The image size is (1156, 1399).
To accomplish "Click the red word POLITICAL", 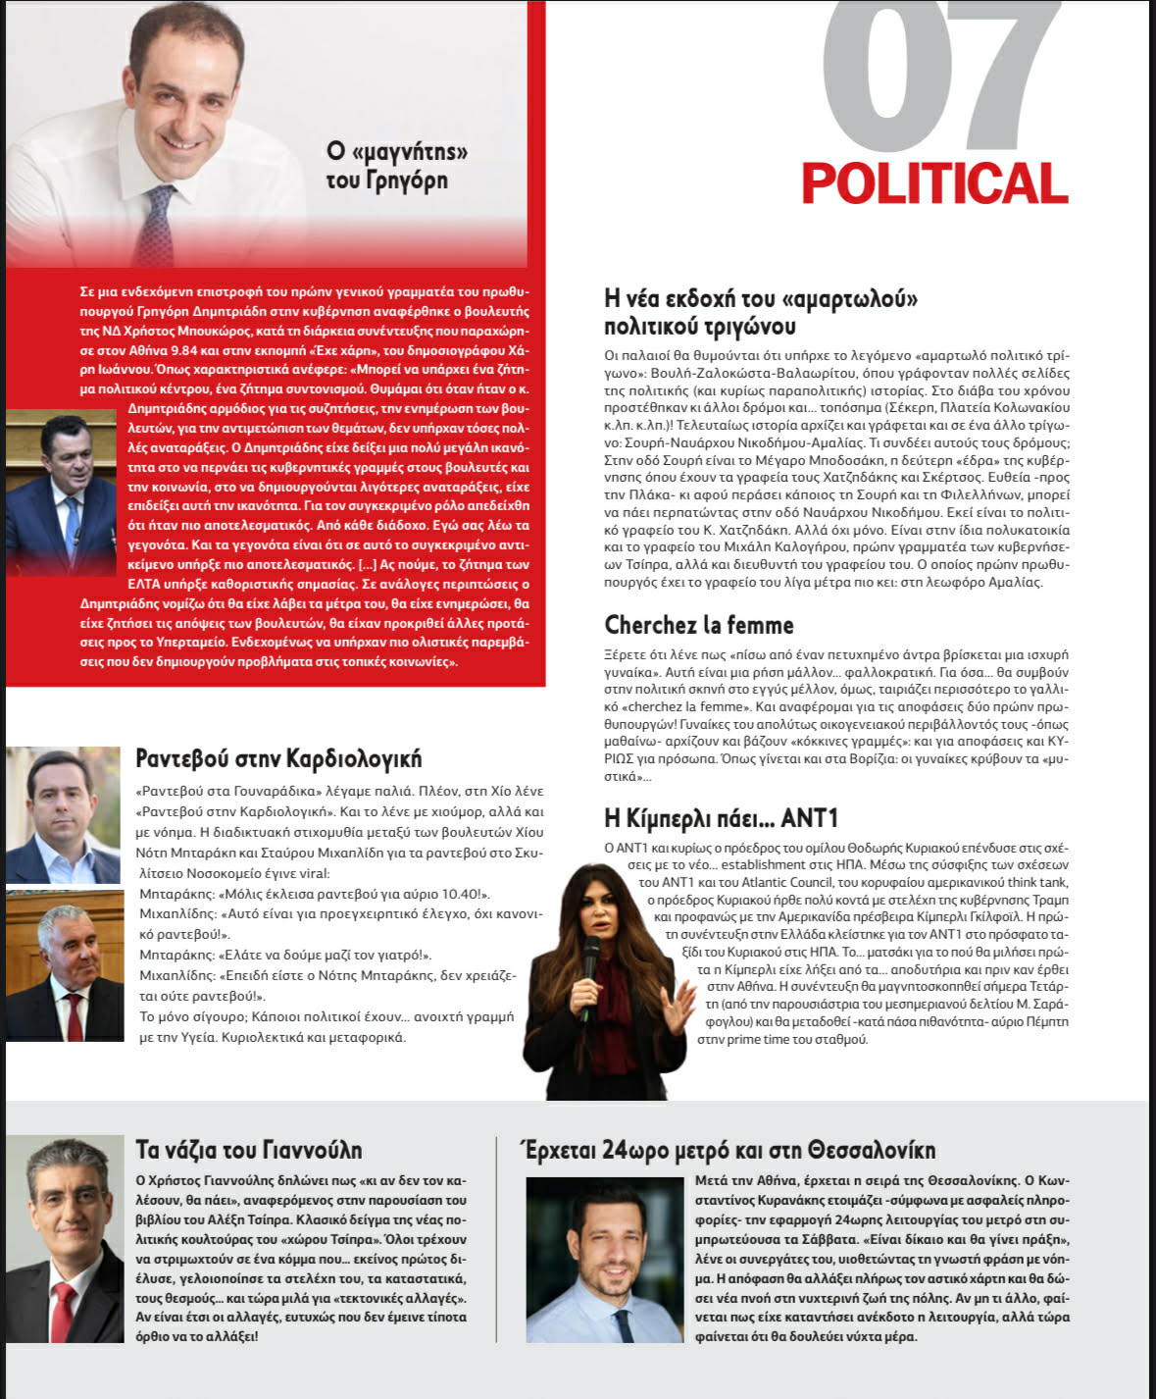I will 933,183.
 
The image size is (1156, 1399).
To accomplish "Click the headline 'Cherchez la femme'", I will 698,625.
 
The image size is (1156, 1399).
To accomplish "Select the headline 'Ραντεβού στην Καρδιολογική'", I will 278,757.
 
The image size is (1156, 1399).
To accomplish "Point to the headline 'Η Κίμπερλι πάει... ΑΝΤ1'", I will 721,817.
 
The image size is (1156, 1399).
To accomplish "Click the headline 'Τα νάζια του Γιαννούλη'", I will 249,1149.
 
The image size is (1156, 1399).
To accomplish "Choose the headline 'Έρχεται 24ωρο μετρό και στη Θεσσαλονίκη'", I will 730,1149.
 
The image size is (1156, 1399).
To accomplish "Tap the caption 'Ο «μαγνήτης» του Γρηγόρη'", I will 396,165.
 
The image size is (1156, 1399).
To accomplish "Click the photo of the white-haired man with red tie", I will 65,965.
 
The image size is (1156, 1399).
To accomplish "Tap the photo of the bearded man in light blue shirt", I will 604,1260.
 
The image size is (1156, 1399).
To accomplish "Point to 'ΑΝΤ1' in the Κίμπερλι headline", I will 809,817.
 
